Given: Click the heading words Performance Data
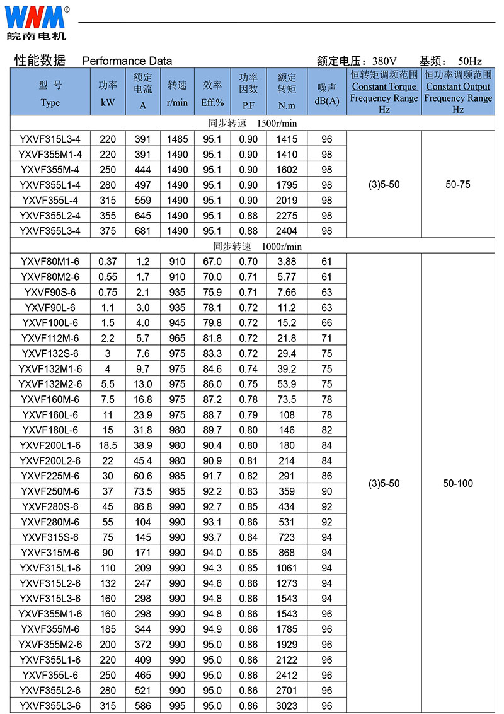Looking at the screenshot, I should point(127,61).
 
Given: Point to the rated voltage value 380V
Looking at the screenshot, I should point(384,61).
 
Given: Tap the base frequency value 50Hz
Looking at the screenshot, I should point(470,61).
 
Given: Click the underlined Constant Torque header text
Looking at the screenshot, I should point(384,87).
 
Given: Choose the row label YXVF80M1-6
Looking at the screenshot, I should point(50,262).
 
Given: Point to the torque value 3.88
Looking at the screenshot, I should point(287,262).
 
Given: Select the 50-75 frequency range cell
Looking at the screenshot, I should point(457,185).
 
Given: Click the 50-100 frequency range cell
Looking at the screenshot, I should point(457,484).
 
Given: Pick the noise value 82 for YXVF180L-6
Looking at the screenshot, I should point(326,430).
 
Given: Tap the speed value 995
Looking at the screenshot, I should point(177,706).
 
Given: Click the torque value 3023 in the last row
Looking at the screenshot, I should point(287,706).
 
